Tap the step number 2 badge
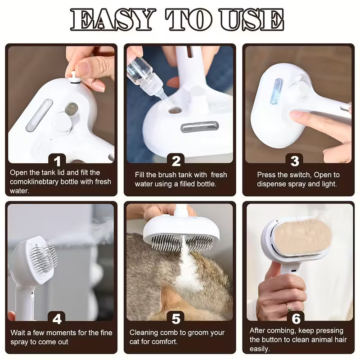coord(176,160)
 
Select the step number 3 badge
coord(295,160)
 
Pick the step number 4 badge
coord(57,319)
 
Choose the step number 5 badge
coord(176,319)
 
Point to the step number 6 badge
coord(296,319)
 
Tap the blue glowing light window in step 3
coord(276,91)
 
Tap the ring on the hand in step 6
coord(289,309)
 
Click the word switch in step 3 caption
coord(303,175)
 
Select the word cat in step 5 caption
coord(135,341)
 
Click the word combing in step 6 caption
coord(279,331)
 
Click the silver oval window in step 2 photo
coord(199,127)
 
